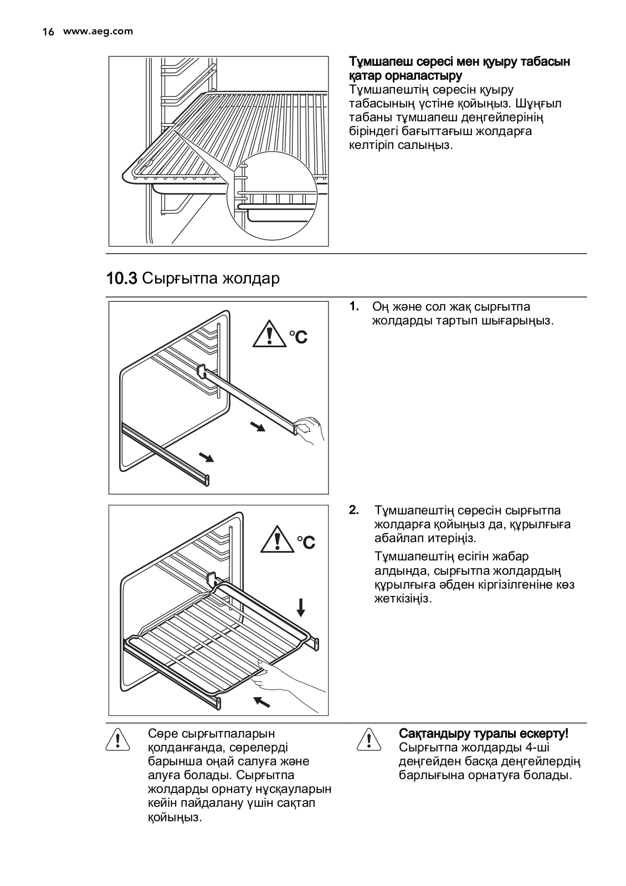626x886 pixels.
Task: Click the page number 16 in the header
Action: (48, 32)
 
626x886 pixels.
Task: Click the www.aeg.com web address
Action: (98, 32)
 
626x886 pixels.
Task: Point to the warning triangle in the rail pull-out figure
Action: (269, 334)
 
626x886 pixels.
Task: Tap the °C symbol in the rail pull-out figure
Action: (298, 336)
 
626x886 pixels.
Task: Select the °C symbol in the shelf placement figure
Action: (306, 542)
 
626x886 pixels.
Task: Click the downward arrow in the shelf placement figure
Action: (300, 607)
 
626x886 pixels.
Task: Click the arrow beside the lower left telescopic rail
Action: (206, 456)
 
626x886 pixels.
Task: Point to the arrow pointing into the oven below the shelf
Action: (261, 701)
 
